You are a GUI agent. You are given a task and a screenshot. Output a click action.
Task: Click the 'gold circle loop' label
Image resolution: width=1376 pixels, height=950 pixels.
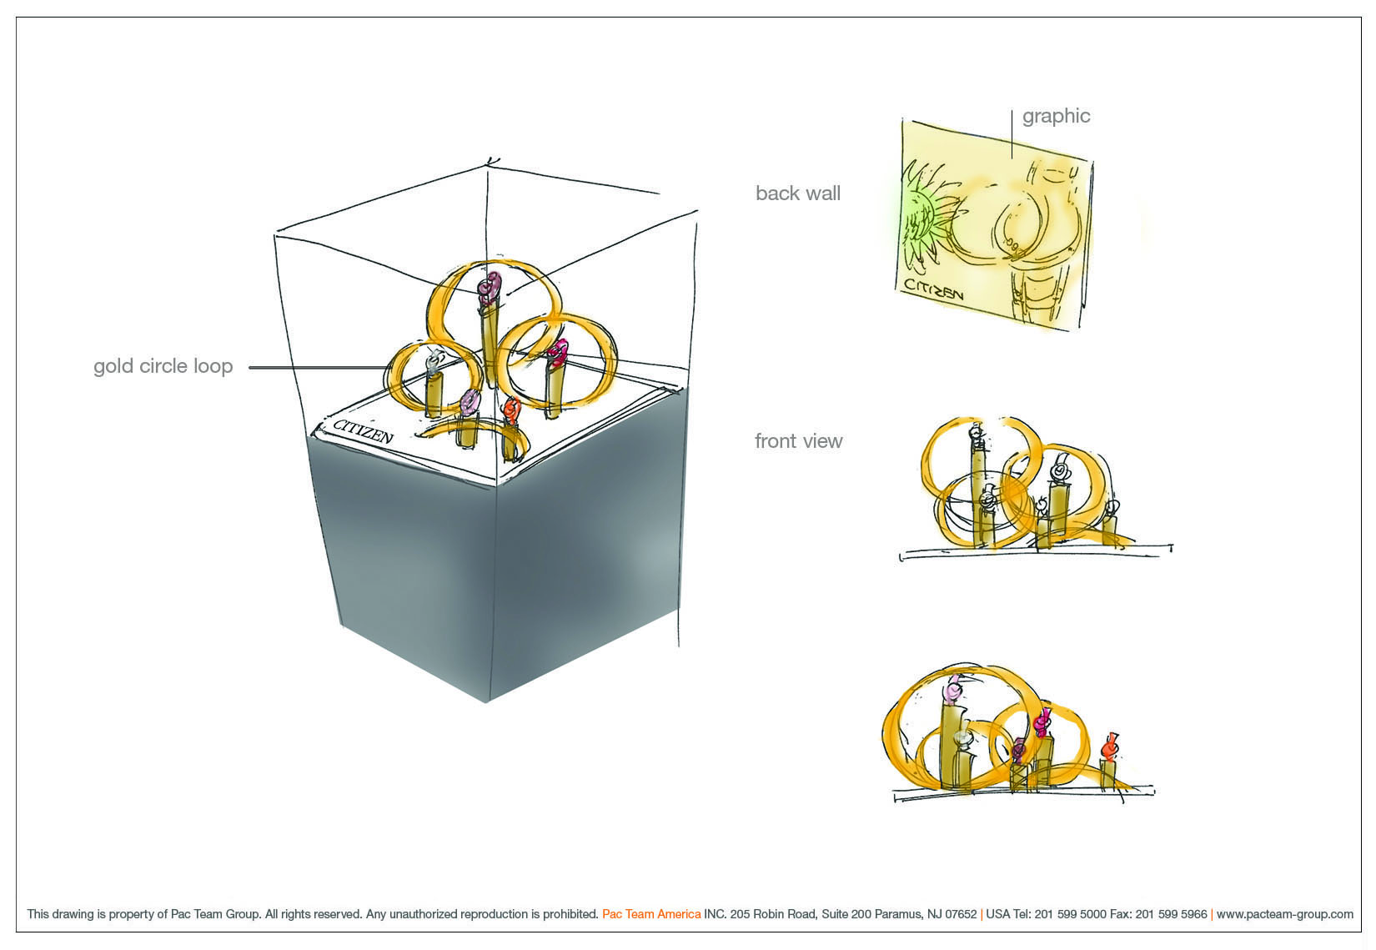[x=163, y=367]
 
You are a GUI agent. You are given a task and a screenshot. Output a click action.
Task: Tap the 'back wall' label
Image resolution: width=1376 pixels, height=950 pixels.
[x=798, y=194]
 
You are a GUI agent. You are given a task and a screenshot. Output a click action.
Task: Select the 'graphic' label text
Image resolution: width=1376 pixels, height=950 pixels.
[x=1056, y=117]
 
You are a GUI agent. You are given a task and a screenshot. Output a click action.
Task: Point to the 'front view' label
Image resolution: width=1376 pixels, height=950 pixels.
[x=799, y=441]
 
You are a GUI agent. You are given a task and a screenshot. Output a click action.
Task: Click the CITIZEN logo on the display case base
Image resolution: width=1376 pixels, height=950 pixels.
[x=363, y=431]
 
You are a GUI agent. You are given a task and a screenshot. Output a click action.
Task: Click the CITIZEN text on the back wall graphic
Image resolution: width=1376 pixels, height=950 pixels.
[x=933, y=289]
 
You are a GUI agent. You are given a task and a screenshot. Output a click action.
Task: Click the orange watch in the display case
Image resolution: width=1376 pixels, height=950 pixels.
[x=510, y=410]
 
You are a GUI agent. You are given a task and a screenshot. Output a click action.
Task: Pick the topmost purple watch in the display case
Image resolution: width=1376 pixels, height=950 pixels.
[x=490, y=289]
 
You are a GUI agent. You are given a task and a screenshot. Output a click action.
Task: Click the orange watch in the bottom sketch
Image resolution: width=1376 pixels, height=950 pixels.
[x=1109, y=747]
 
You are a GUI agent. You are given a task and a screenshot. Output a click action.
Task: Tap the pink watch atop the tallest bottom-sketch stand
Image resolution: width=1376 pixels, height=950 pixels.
[x=954, y=689]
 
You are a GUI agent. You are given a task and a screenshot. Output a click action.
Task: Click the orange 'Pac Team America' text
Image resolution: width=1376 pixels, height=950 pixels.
[x=651, y=914]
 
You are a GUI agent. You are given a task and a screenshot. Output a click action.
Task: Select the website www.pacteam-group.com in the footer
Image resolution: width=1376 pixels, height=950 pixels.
[x=1284, y=914]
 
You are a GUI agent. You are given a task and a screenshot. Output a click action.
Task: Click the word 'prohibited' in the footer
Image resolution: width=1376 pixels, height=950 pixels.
[x=570, y=914]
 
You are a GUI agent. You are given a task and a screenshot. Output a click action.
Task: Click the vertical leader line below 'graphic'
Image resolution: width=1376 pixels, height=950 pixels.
[x=1012, y=134]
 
